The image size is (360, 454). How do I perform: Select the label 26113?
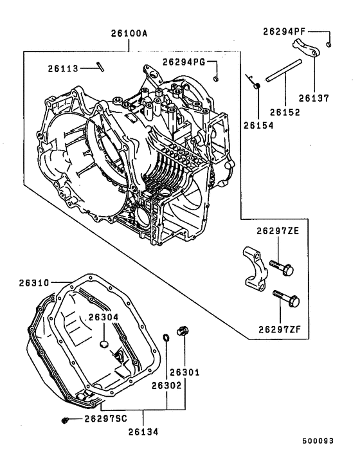pos(65,68)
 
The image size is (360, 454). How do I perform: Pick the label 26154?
pos(258,127)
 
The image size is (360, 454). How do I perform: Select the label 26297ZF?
pos(280,329)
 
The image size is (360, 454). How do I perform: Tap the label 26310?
pos(33,282)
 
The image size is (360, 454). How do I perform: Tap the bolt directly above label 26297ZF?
pos(286,298)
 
